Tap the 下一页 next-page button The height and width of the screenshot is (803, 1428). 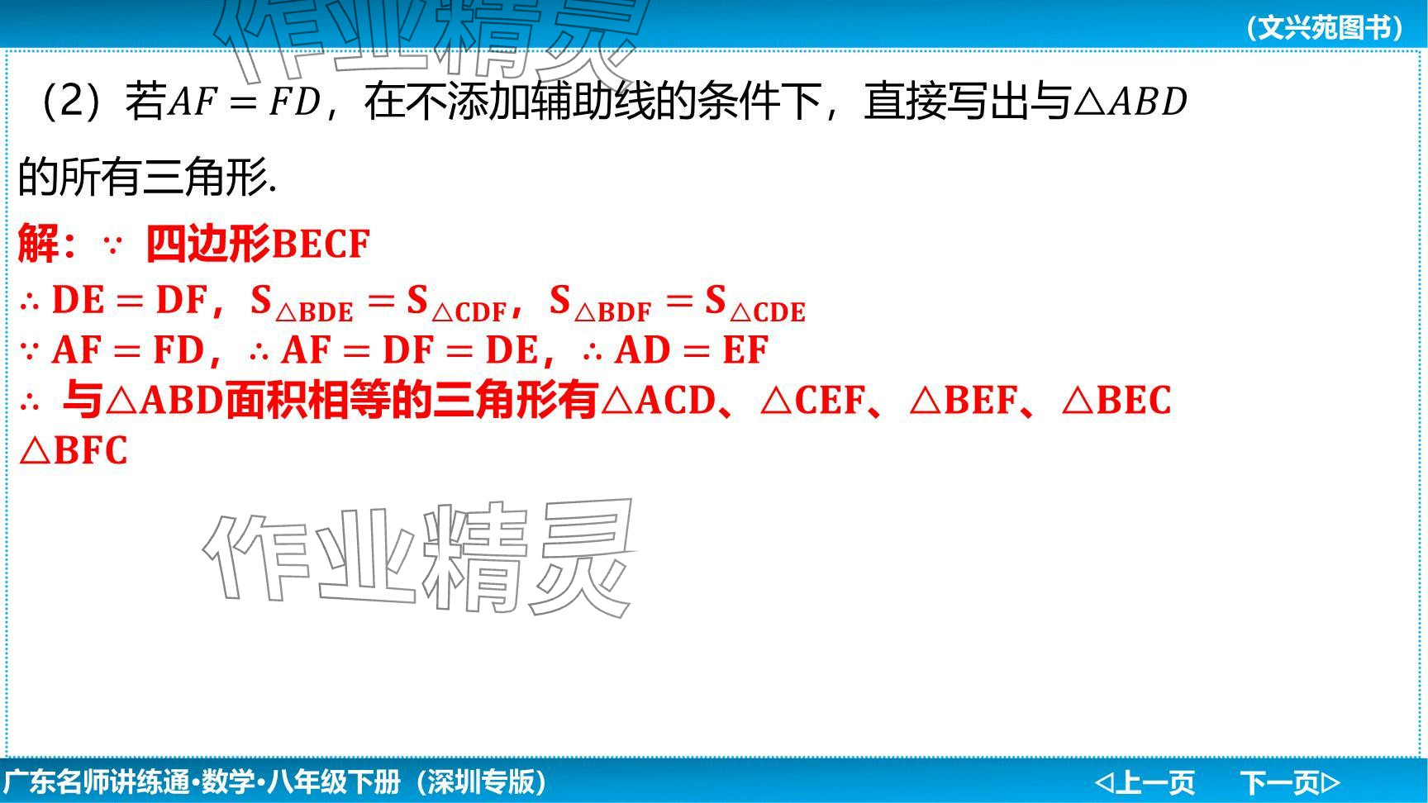pos(1290,782)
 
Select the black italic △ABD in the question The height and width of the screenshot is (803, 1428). pos(1130,102)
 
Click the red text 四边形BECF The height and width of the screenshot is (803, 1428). pos(258,244)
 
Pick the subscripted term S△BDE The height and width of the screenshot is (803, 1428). pos(302,302)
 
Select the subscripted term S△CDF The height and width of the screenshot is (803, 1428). pos(456,302)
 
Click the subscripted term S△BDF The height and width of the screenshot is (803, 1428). pos(601,302)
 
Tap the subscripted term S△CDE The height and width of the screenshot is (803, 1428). pos(755,302)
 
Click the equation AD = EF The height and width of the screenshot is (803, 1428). pos(692,350)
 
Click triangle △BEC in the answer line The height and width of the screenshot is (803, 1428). pos(1116,401)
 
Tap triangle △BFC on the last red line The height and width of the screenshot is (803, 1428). pos(74,451)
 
